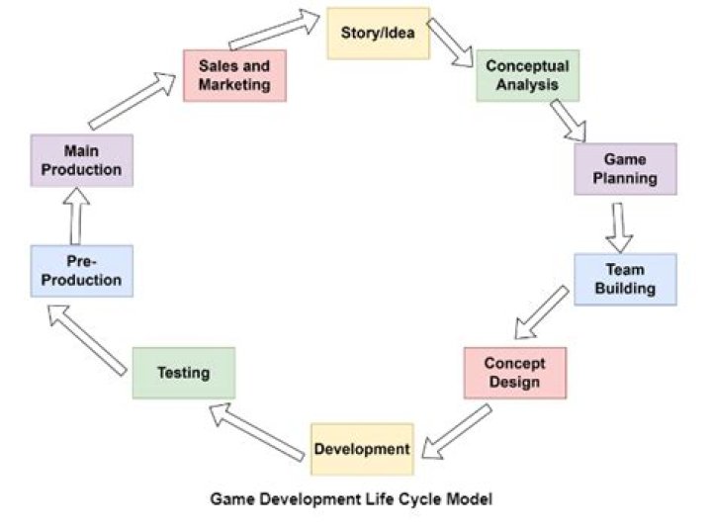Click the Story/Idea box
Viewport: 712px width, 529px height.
click(379, 34)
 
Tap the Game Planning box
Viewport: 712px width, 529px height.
click(625, 169)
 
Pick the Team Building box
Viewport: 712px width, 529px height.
click(625, 279)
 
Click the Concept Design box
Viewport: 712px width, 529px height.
click(514, 372)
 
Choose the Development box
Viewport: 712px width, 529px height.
click(362, 449)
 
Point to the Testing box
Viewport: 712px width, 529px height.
click(184, 373)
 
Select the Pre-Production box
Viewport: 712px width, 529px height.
click(81, 271)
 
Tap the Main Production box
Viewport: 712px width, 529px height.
click(81, 160)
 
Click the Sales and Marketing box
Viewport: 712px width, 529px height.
click(234, 75)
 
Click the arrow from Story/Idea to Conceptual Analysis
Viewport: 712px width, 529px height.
click(452, 44)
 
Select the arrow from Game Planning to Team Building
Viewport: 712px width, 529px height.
click(620, 226)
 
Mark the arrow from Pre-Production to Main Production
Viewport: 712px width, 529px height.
click(76, 217)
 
